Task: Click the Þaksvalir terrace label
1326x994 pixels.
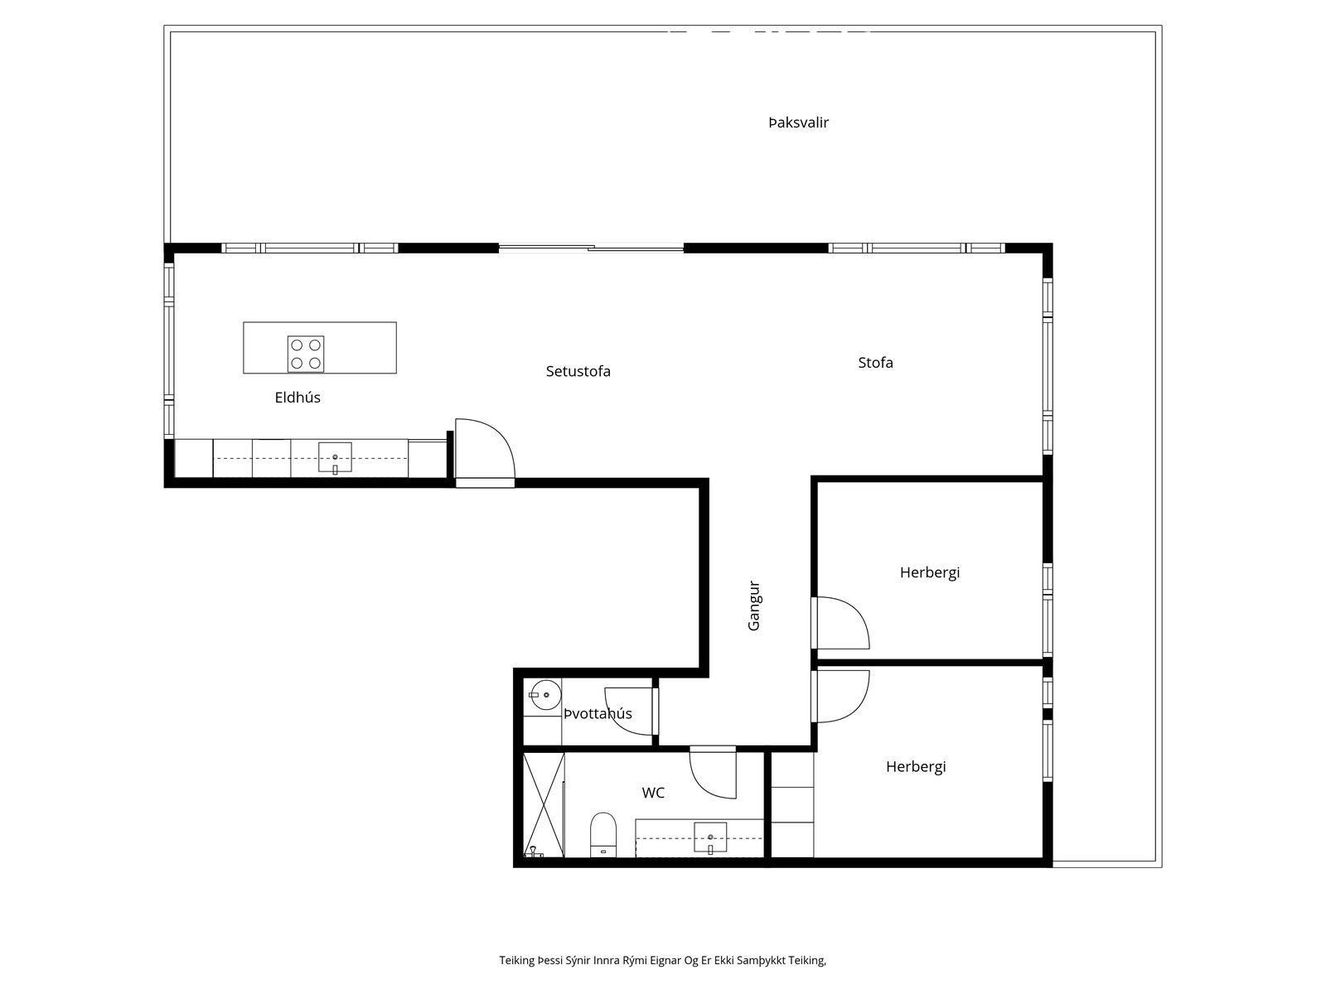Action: coord(798,123)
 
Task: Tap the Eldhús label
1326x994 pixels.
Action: coord(298,397)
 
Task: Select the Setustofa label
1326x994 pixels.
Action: coord(578,371)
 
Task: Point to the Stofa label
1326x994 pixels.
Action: coord(875,363)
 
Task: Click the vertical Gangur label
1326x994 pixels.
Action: coord(754,606)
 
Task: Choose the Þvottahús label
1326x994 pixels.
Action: coord(598,713)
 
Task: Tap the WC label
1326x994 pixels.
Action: coord(653,793)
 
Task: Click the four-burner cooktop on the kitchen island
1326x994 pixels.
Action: coord(306,355)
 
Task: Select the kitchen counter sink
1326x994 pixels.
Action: coord(335,458)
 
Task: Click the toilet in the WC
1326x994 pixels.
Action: coord(603,835)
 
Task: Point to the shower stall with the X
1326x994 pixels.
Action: coord(543,804)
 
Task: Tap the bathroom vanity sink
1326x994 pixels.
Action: coord(710,837)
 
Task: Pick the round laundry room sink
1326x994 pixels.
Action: coord(545,695)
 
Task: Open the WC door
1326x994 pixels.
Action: coord(713,773)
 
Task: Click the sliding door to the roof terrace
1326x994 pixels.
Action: coord(591,248)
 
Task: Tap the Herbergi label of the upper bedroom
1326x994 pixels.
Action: coord(930,572)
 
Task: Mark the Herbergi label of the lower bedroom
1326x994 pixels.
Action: coord(916,767)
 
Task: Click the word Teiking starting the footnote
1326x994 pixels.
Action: coord(516,960)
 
